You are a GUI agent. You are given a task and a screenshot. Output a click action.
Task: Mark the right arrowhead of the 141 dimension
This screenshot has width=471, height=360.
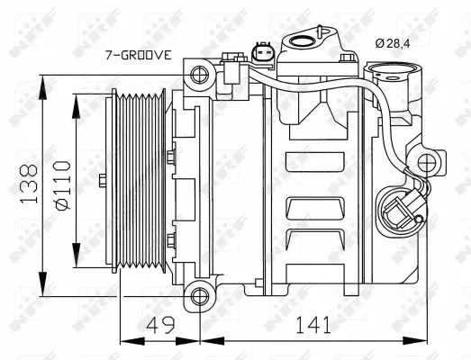(x=425, y=341)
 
